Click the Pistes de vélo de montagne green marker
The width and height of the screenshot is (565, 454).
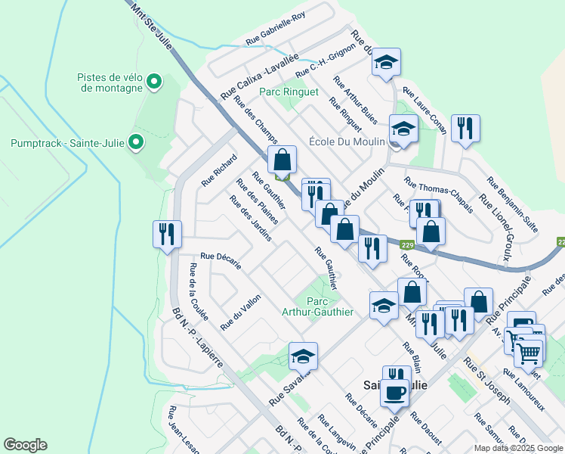click(x=155, y=81)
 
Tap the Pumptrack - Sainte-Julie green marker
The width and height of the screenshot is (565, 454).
click(x=136, y=141)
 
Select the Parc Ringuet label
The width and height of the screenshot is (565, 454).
click(x=289, y=92)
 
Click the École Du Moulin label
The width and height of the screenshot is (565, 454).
click(x=347, y=141)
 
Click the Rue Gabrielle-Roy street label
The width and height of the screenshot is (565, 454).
click(x=276, y=30)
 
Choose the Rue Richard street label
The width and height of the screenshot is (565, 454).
click(x=219, y=171)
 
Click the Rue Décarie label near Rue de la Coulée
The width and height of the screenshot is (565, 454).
click(x=221, y=260)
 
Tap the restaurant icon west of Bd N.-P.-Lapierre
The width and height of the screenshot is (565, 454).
click(x=166, y=234)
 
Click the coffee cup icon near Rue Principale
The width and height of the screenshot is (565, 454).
click(x=395, y=392)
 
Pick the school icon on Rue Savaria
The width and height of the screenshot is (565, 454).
click(x=303, y=356)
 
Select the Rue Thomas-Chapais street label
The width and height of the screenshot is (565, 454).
click(x=438, y=195)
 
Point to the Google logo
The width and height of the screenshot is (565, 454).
click(x=25, y=445)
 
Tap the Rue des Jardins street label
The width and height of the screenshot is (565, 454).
click(x=251, y=219)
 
